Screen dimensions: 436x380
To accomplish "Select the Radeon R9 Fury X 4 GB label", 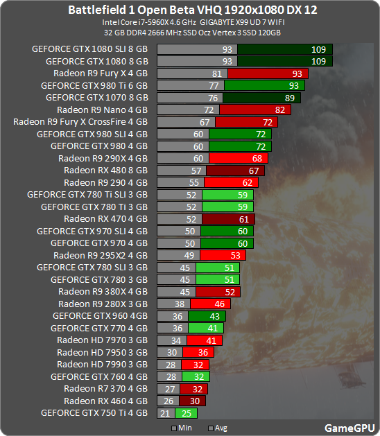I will [x=101, y=73].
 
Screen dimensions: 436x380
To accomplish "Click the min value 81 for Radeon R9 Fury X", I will [x=216, y=73].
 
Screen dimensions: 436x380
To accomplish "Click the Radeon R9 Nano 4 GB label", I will [x=102, y=110].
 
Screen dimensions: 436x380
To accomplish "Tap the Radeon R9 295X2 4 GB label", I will [x=101, y=255].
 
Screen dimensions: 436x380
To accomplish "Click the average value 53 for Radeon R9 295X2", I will [x=234, y=255].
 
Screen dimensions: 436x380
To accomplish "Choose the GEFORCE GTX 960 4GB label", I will [x=100, y=315].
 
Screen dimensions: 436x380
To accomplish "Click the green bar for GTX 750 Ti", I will [x=187, y=413].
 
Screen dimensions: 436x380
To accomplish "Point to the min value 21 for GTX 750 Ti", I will [x=165, y=413].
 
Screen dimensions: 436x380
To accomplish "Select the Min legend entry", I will [x=181, y=428].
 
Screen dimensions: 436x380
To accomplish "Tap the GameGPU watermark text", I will [x=350, y=428].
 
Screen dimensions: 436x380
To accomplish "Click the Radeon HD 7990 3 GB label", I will [x=102, y=364].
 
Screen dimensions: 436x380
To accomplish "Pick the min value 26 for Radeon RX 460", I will [x=169, y=401].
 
